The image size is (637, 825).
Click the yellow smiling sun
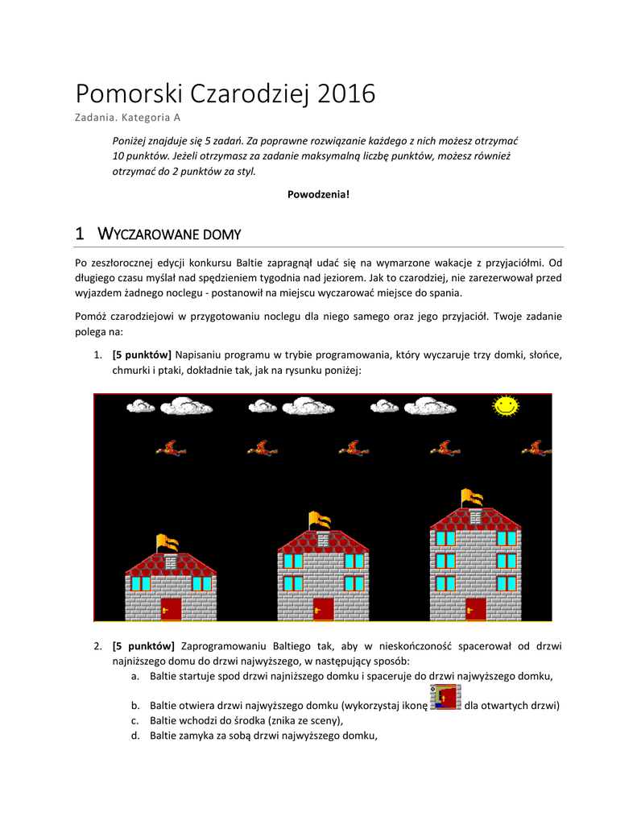(x=506, y=405)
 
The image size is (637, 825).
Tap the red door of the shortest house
(x=171, y=609)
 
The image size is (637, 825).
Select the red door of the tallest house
(x=476, y=609)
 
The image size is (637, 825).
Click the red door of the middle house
(x=323, y=609)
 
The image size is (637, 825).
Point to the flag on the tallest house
(x=472, y=496)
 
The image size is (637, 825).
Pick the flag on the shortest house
(x=167, y=541)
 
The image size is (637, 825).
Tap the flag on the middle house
(x=320, y=519)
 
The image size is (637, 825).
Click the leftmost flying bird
(x=171, y=448)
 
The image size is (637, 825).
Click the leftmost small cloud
(x=141, y=406)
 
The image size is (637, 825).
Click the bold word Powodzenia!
(x=319, y=194)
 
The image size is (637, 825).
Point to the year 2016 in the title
(x=346, y=94)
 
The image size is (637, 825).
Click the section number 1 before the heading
(x=80, y=234)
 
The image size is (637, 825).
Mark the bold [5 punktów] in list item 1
(x=142, y=354)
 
